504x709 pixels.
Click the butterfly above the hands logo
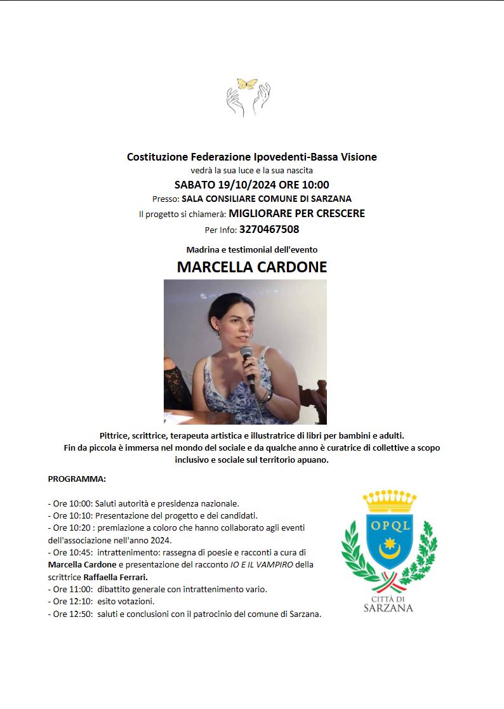247,84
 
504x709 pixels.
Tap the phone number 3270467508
269,230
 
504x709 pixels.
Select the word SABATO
195,185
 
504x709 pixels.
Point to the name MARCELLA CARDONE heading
252,267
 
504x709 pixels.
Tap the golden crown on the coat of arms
388,501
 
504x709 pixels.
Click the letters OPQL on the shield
388,525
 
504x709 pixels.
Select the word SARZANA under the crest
388,608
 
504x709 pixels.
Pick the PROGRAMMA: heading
77,478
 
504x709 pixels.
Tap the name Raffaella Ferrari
116,577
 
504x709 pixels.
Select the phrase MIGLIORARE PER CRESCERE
296,214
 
